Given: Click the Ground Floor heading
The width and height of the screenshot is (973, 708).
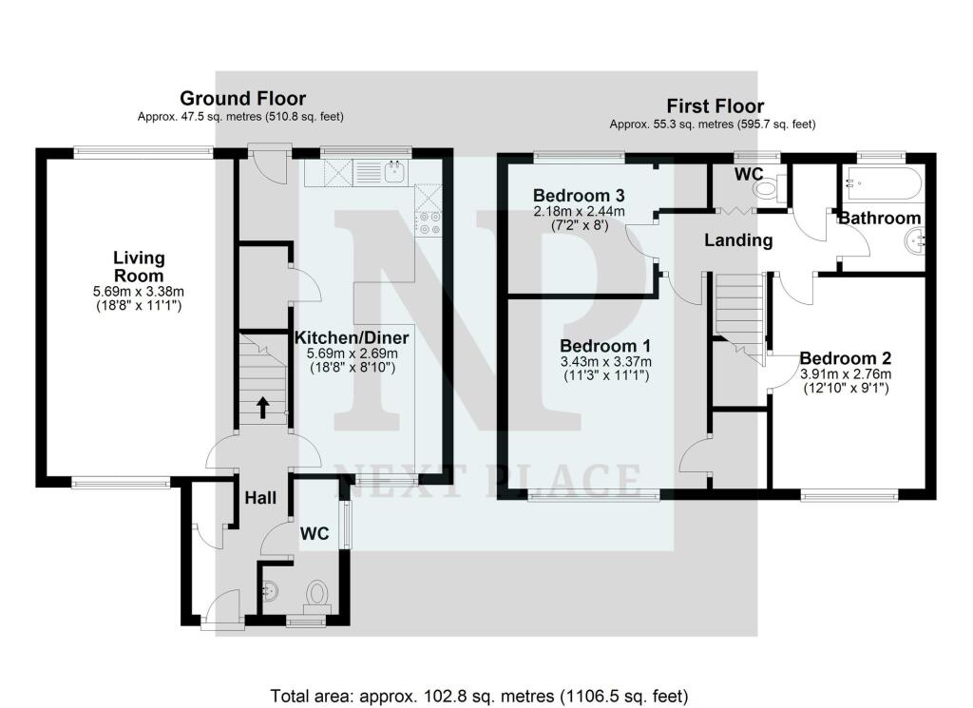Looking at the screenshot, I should tap(242, 98).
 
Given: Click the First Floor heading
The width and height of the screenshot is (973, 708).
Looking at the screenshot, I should tap(715, 105).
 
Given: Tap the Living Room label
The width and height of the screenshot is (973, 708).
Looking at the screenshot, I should tap(139, 266).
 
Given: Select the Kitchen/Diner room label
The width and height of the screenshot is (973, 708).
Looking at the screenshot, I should tap(352, 338).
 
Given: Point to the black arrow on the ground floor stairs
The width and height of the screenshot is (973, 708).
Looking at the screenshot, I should tap(262, 408).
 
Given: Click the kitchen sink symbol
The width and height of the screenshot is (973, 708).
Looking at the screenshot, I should tap(392, 172).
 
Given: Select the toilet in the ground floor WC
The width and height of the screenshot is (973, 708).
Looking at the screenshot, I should tap(317, 596).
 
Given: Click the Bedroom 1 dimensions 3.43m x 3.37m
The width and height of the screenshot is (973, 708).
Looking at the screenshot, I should tap(604, 362).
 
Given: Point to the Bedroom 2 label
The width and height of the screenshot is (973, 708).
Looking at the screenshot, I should tap(845, 358).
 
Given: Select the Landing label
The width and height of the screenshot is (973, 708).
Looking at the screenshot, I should tap(737, 240).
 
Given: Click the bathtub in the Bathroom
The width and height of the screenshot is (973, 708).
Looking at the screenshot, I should tap(879, 180).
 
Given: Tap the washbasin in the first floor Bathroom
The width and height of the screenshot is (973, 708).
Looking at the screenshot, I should tap(914, 243).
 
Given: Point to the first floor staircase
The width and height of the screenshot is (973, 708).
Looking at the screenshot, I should tap(739, 314).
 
